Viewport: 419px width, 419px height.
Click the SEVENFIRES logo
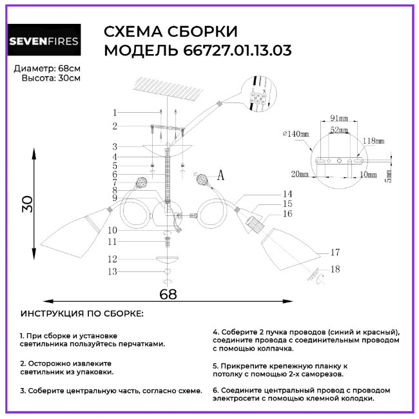(x=44, y=43)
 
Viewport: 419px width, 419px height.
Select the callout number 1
(x=115, y=112)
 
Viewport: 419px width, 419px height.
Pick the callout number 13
(x=113, y=272)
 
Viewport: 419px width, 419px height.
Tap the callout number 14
(x=287, y=193)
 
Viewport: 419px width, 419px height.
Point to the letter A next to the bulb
(x=220, y=175)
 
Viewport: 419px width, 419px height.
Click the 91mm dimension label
(x=338, y=118)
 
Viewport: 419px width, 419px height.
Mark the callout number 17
(x=334, y=252)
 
